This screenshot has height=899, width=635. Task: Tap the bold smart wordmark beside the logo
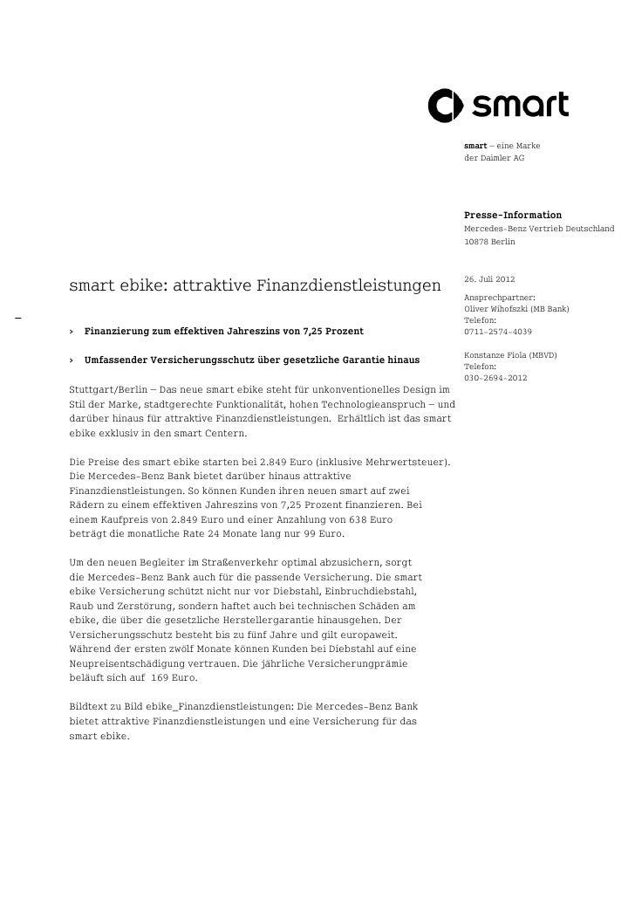[520, 106]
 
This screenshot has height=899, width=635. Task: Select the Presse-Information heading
[513, 215]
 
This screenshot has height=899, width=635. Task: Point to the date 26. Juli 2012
[489, 279]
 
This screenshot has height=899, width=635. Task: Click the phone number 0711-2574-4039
[498, 332]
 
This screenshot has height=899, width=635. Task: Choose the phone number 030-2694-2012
[495, 378]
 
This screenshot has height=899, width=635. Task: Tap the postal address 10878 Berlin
[489, 240]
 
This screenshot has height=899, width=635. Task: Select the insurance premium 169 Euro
[173, 677]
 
